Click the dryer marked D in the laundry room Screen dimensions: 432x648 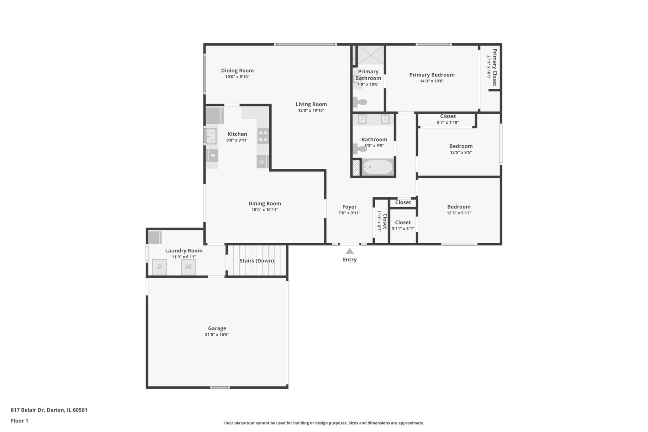tap(159, 267)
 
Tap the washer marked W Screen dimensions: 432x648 tap(188, 267)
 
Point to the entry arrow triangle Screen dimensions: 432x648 tap(350, 251)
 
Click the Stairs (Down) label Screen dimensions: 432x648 tap(256, 261)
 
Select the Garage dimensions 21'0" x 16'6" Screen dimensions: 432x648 tap(217, 335)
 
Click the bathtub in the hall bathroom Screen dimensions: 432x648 tap(377, 167)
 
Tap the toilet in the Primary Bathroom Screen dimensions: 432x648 tap(360, 102)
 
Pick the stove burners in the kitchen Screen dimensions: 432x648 tap(263, 136)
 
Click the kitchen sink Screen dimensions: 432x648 tap(211, 136)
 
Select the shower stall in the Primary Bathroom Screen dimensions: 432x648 tap(370, 55)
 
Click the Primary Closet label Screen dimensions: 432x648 tap(495, 67)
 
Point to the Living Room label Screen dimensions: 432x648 tap(311, 104)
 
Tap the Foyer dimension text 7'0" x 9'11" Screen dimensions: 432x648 tap(349, 213)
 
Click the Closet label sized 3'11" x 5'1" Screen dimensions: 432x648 tap(403, 222)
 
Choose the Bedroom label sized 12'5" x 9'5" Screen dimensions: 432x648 tap(461, 146)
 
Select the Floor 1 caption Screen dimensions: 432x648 tap(19, 421)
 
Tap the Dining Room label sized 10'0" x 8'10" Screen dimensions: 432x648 tap(237, 71)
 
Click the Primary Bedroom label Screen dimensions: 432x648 tap(432, 75)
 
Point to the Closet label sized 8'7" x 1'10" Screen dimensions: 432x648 tap(448, 116)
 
